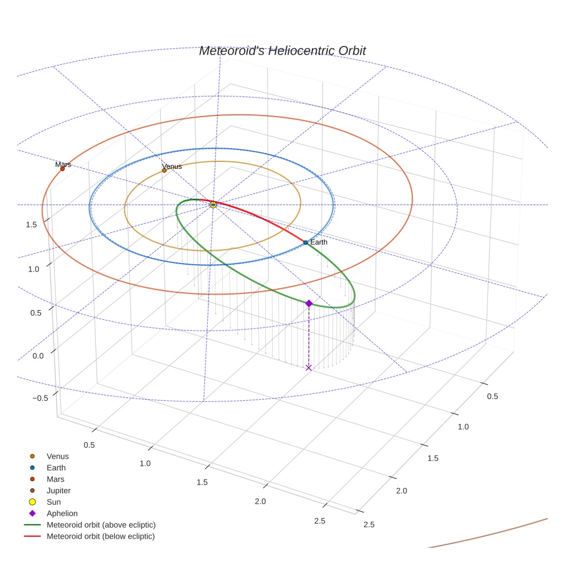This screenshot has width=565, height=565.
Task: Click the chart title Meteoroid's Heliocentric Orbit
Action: point(282,51)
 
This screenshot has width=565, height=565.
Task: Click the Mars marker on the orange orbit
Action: point(63,169)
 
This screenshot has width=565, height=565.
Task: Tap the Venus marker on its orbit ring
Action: point(164,171)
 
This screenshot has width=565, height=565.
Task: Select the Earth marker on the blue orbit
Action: point(305,242)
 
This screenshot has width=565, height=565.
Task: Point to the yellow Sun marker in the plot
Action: point(213,204)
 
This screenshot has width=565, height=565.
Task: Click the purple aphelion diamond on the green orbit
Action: point(309,303)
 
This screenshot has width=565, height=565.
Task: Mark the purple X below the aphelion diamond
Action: point(309,367)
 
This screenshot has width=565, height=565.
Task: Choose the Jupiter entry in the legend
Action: point(58,491)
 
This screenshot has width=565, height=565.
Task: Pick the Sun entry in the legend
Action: point(53,502)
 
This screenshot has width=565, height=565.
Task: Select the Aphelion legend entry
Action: point(61,514)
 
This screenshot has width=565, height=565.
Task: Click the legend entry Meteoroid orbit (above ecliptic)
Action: point(100,525)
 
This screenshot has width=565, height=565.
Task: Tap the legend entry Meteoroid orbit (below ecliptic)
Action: point(100,536)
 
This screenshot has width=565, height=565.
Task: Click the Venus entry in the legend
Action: point(57,456)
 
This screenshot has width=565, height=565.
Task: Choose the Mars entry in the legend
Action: point(55,479)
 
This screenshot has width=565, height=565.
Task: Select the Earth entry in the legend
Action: point(56,468)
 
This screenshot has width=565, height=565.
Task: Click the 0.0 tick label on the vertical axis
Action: point(37,356)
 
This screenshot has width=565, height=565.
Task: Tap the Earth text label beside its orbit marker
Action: point(319,242)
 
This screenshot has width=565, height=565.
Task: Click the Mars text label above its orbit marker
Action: point(63,165)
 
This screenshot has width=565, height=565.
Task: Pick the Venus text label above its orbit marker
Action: point(172,167)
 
